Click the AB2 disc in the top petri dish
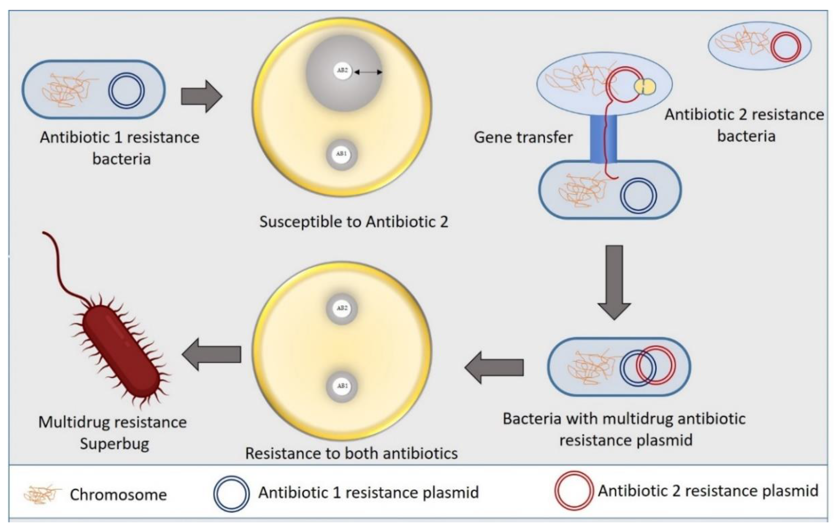[x=342, y=70]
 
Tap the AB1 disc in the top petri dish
[x=342, y=154]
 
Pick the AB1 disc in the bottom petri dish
[x=342, y=386]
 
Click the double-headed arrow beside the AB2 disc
[x=368, y=72]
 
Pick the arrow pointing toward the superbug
[x=211, y=354]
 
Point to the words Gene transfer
[x=523, y=137]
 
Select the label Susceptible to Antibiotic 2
[x=354, y=222]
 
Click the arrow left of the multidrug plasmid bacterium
[x=494, y=367]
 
